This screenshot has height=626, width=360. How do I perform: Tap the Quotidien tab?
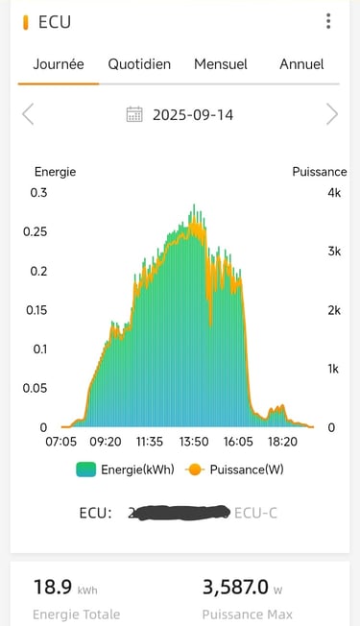[139, 64]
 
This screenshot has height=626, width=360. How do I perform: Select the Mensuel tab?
[221, 64]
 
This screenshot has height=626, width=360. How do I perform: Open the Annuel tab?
[301, 64]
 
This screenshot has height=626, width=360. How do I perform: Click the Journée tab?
[59, 64]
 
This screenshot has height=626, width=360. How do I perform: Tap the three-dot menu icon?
[328, 21]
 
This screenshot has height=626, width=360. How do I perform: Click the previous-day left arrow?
[28, 115]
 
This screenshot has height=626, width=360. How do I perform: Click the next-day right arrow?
[332, 115]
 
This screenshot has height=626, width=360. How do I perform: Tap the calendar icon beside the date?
[135, 115]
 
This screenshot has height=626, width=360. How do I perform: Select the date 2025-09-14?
[193, 115]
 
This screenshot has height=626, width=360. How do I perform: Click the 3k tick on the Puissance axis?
[333, 252]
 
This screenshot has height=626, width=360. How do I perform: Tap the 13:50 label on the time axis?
[194, 443]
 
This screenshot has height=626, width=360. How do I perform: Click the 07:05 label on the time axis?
[61, 443]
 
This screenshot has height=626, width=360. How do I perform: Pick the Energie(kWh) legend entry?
[112, 470]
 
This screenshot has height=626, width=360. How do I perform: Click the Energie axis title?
[55, 172]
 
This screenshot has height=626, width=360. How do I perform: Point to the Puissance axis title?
[319, 172]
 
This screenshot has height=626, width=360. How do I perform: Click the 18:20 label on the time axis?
[282, 443]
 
